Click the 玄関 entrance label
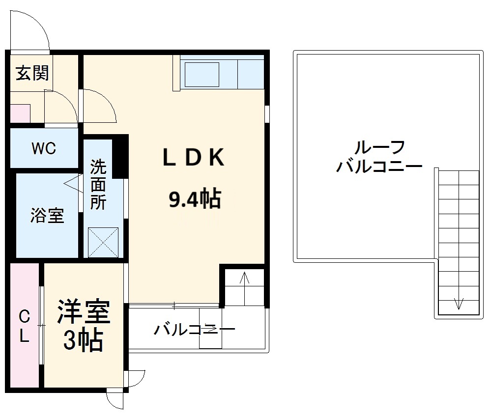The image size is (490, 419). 32,74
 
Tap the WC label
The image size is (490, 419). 44,148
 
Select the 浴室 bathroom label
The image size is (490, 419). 47,216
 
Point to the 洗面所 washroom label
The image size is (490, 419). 98,185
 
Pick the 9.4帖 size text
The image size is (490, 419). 195,199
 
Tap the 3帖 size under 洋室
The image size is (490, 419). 83,340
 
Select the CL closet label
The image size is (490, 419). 24,327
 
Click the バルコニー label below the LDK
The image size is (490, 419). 194,329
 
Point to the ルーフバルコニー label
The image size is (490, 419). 379,156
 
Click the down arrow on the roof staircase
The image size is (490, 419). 458,303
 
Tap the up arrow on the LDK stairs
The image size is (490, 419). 245,279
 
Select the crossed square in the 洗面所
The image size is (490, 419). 103,242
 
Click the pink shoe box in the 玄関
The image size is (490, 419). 20,113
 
